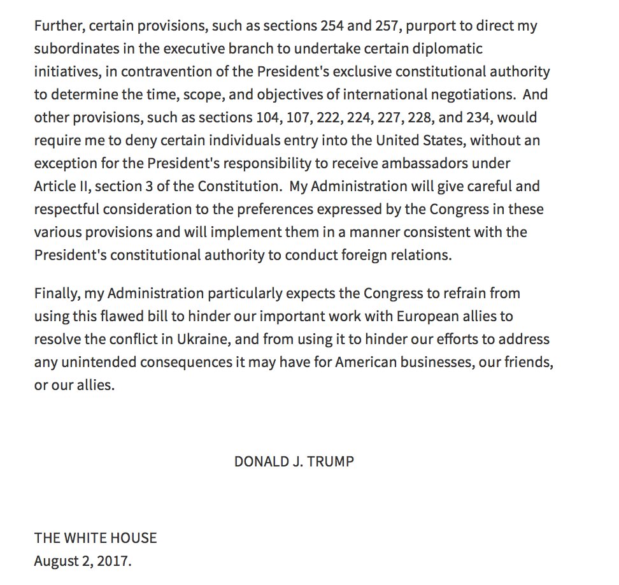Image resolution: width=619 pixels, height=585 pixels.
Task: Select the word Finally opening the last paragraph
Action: [x=56, y=294]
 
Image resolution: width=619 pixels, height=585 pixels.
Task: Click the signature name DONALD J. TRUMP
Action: [x=294, y=461]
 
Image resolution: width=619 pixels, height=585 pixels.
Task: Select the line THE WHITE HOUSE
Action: [x=96, y=538]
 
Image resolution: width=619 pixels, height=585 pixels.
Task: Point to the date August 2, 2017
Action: [x=83, y=561]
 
